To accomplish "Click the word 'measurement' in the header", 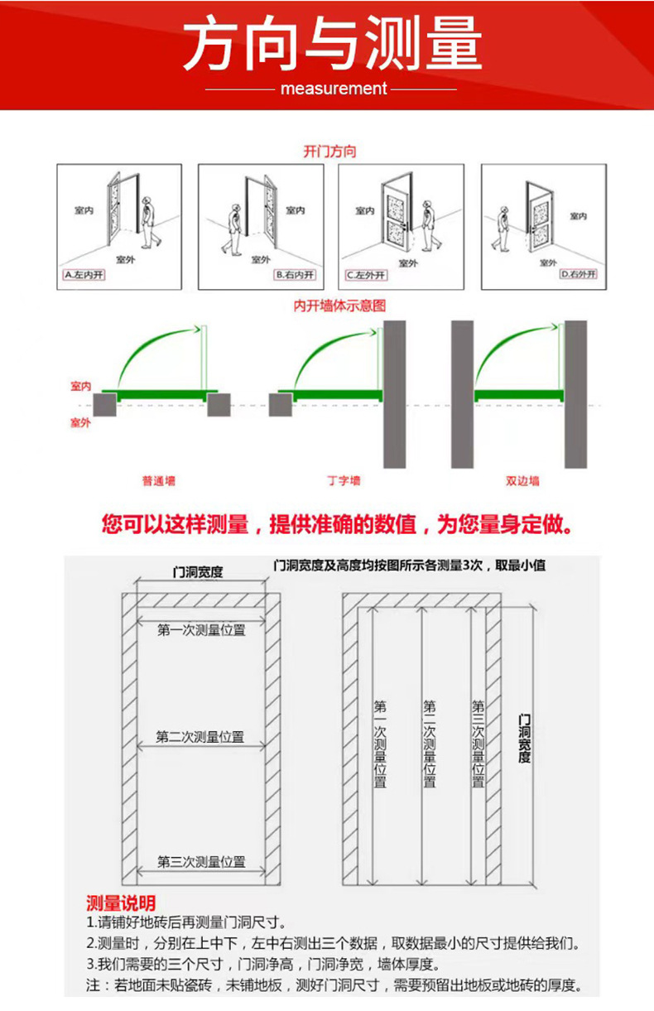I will point(334,89).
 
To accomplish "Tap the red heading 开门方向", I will point(329,152).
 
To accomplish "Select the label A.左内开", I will point(84,274).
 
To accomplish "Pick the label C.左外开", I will point(366,274).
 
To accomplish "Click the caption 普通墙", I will point(158,480).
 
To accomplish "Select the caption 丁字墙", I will point(344,480).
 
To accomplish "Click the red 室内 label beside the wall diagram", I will point(80,387).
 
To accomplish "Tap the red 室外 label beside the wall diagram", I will point(80,423).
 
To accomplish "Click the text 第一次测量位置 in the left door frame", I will point(201,630).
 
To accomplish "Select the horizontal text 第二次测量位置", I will point(200,737).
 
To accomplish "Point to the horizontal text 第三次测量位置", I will point(201,862).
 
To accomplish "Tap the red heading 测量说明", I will point(121,903).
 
